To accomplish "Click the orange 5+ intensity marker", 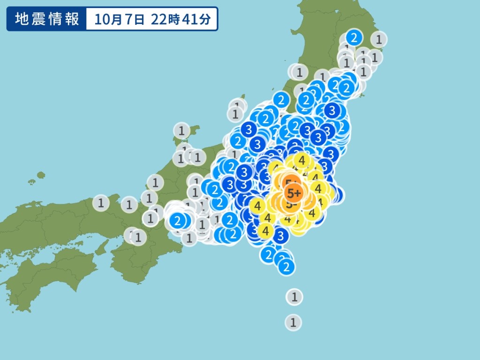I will coord(294,193).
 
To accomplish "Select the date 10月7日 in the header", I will coord(120,19).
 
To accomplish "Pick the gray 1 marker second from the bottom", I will coord(294,297).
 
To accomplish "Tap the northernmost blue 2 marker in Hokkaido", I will coord(354,37).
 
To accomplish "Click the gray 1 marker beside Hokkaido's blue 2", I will coord(379,38).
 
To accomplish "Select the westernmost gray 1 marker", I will coord(101,203).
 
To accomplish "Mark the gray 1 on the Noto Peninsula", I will coord(181,130).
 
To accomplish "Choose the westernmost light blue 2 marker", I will coord(177,220).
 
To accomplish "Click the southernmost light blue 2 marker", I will coord(286,267).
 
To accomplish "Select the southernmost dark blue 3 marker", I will coord(280,236).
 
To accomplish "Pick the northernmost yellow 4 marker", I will coord(302,161).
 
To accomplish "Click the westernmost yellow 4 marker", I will coord(257,205).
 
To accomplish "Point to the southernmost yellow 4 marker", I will coord(266,231).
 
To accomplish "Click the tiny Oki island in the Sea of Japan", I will coord(40,175).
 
